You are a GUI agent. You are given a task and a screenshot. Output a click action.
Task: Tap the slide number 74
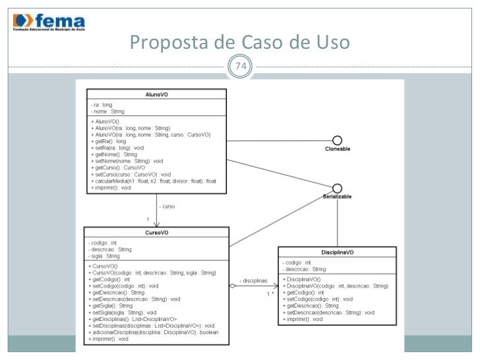pos(240,66)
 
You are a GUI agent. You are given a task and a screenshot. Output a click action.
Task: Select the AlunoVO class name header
pos(156,94)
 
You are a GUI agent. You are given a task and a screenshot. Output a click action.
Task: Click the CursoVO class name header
pos(156,232)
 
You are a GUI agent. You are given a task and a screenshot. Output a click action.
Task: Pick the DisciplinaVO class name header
pos(337,253)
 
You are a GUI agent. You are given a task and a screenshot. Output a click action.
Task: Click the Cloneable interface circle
pos(337,140)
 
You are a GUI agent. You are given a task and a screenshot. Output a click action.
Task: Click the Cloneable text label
pos(337,150)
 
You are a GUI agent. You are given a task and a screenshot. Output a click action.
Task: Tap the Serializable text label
pos(337,196)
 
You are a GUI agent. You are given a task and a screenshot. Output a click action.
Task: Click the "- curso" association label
pos(167,206)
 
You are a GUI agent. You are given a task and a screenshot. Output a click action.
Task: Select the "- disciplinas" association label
pos(252,281)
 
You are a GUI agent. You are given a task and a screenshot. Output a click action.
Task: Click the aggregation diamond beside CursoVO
pos(232,286)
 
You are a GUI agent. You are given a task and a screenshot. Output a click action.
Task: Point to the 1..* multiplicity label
pos(270,294)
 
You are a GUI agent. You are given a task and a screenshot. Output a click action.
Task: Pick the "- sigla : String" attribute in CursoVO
pos(105,256)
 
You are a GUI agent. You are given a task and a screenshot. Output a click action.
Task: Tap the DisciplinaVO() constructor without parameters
pos(303,280)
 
